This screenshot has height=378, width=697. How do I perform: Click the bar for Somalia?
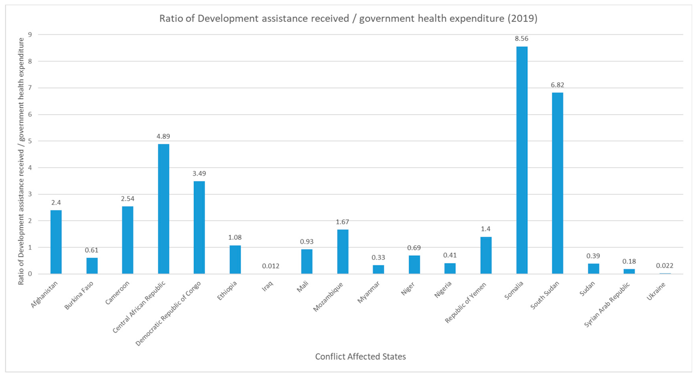click(x=522, y=160)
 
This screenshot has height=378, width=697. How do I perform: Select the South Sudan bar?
click(x=557, y=183)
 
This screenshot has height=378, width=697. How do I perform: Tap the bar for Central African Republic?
click(x=163, y=209)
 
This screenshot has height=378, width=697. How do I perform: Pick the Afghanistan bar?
click(x=56, y=242)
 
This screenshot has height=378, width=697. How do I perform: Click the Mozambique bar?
click(x=343, y=251)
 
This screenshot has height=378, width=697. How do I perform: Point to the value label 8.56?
click(x=521, y=39)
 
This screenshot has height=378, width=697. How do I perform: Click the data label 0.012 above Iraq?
click(x=271, y=266)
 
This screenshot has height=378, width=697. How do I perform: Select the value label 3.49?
click(x=199, y=174)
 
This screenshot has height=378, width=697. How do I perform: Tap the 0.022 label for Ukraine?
click(x=665, y=266)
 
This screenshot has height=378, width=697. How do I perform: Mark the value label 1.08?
click(x=235, y=237)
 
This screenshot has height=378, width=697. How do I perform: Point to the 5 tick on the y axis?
click(x=30, y=141)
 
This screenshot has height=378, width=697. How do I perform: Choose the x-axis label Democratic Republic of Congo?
click(x=168, y=313)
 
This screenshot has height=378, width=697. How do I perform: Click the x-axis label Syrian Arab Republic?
click(x=607, y=305)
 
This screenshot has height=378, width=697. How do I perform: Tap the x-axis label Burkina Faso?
click(x=79, y=296)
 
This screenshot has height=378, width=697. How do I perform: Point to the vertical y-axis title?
click(x=21, y=161)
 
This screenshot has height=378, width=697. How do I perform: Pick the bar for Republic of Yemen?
click(x=486, y=255)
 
